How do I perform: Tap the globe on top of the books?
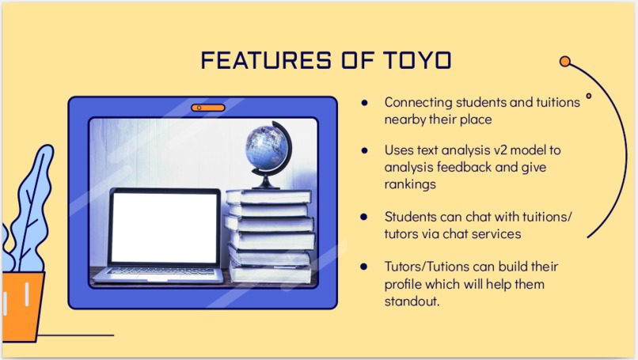[x=268, y=151]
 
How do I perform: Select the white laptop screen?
[x=165, y=228]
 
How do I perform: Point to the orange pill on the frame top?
[x=203, y=107]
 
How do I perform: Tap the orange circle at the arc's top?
[x=565, y=61]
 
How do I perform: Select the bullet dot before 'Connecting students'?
[x=364, y=103]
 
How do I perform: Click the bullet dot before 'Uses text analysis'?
[x=364, y=150]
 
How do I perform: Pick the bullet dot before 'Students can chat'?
[x=364, y=215]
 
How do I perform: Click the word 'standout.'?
[x=412, y=301]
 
